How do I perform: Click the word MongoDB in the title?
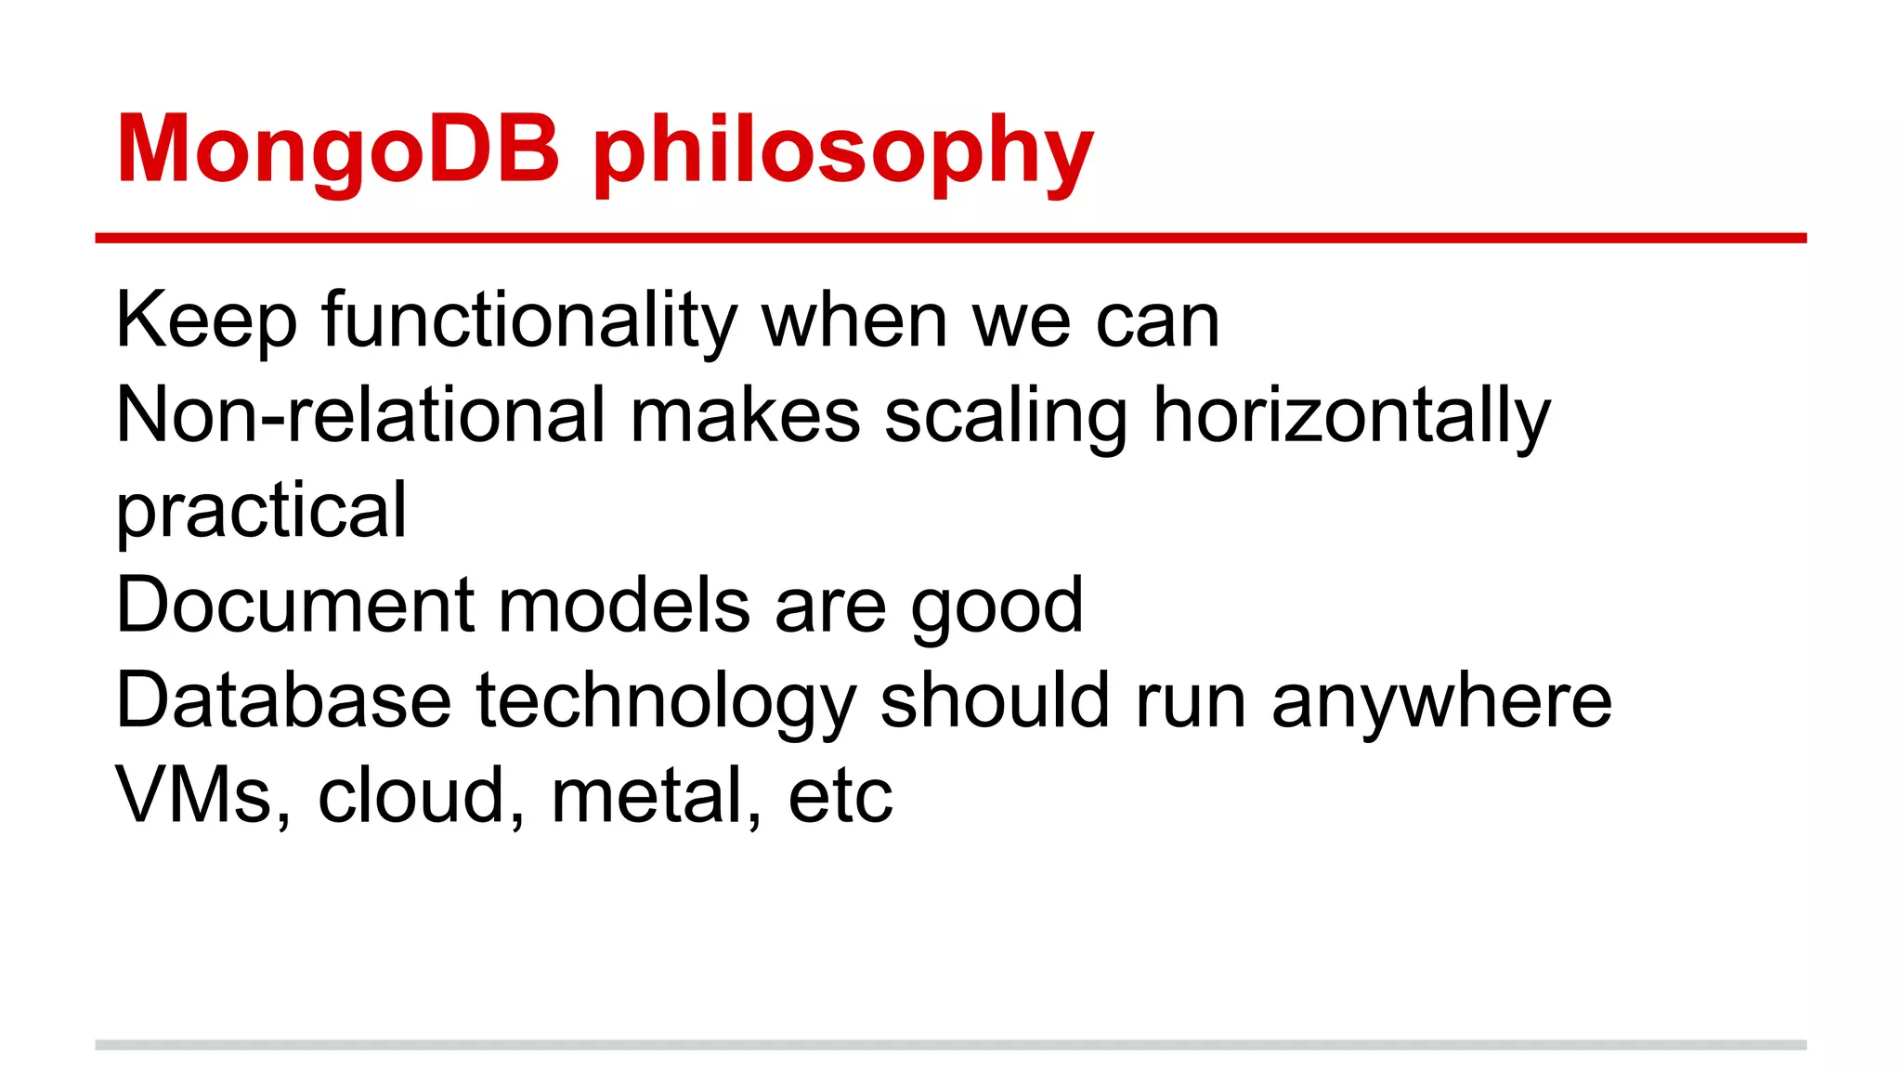338,149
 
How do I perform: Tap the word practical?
261,513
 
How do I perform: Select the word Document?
295,606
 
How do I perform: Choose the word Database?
283,701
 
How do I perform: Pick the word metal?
656,796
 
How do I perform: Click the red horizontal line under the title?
950,239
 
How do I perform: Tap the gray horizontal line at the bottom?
950,1045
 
